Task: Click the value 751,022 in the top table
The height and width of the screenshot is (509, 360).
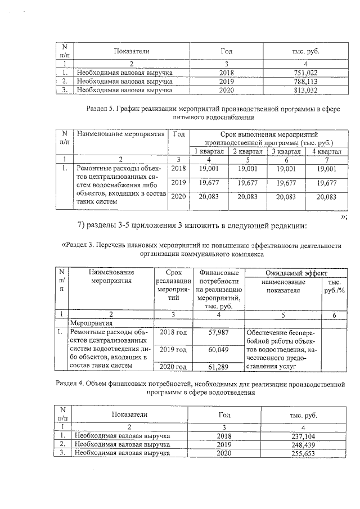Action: (x=306, y=73)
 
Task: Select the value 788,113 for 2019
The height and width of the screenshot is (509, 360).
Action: (x=306, y=81)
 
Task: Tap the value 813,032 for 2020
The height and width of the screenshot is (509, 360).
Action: (x=306, y=89)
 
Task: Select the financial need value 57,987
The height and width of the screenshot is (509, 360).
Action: (x=218, y=334)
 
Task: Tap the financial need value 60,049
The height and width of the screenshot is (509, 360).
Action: (x=218, y=350)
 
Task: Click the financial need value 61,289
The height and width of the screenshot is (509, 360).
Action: (x=218, y=367)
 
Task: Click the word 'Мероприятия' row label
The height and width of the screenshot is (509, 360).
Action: (x=89, y=324)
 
